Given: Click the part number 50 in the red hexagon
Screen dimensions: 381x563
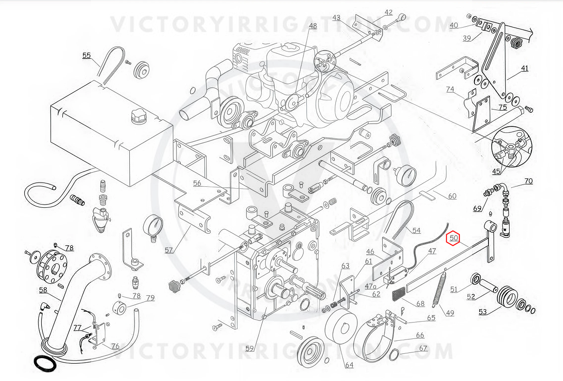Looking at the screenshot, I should coord(453,238).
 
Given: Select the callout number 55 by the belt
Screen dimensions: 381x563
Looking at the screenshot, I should coord(87,55).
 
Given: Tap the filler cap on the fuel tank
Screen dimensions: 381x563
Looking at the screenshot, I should coord(139,114).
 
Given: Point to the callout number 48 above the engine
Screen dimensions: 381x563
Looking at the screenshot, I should coord(312,26).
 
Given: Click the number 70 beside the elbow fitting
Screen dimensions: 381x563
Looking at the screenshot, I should coord(528,181).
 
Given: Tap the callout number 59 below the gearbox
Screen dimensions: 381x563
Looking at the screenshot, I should coord(250,348).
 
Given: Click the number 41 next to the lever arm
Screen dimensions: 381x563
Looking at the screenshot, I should coord(524,68).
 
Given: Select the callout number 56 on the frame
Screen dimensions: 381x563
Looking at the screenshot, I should coord(197,183).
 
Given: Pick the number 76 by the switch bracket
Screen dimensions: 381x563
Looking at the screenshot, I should coord(115,346).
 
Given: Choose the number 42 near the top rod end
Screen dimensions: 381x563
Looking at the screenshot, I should coord(388,12).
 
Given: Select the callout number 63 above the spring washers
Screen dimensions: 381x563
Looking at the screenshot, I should coord(345,266).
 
